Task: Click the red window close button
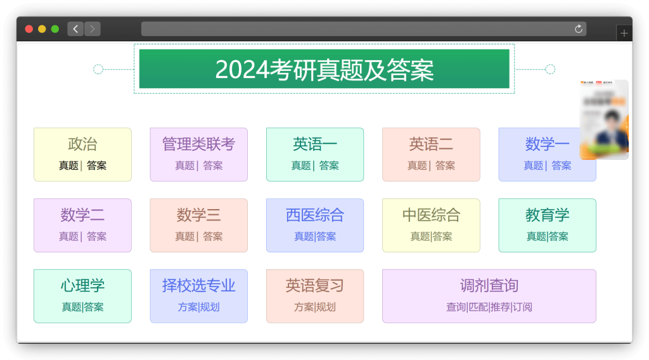pyautogui.click(x=29, y=29)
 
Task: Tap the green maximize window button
pyautogui.click(x=55, y=29)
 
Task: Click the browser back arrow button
pyautogui.click(x=75, y=29)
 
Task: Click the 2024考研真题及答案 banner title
pyautogui.click(x=324, y=69)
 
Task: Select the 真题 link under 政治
pyautogui.click(x=68, y=165)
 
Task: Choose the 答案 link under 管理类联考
pyautogui.click(x=213, y=165)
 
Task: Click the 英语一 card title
pyautogui.click(x=315, y=145)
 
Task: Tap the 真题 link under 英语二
pyautogui.click(x=417, y=165)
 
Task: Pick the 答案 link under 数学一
pyautogui.click(x=562, y=165)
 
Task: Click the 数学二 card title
pyautogui.click(x=82, y=215)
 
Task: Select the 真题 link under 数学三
pyautogui.click(x=184, y=236)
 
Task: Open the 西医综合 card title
pyautogui.click(x=315, y=215)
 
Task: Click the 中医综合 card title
pyautogui.click(x=431, y=215)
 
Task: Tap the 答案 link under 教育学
pyautogui.click(x=559, y=236)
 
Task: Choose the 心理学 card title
pyautogui.click(x=82, y=286)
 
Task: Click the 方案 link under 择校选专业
pyautogui.click(x=188, y=307)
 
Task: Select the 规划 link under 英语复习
pyautogui.click(x=326, y=307)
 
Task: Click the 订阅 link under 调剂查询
pyautogui.click(x=523, y=307)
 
